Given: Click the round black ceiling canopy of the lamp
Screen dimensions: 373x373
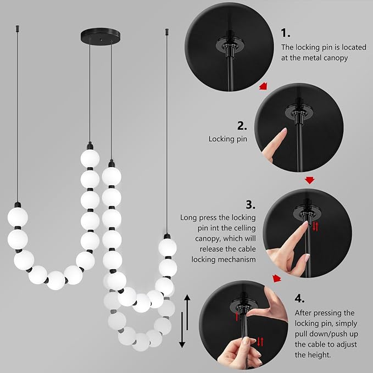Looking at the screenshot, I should (101, 34).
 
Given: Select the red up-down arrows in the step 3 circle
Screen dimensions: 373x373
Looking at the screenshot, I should (315, 226).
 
